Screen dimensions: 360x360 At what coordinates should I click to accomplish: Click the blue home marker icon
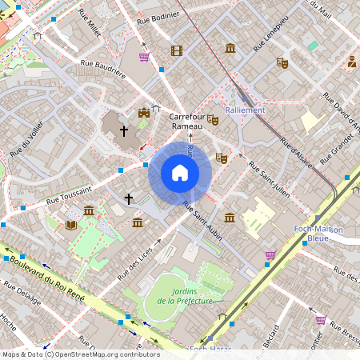click(180, 173)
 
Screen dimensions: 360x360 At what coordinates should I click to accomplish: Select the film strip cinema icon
click(176, 50)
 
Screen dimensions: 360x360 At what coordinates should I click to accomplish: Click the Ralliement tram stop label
click(245, 110)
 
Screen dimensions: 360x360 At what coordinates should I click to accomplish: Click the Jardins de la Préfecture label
click(185, 296)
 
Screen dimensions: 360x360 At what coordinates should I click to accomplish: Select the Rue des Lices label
click(134, 262)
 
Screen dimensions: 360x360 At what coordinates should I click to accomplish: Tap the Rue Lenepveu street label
click(270, 37)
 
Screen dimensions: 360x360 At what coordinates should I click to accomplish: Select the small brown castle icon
click(143, 113)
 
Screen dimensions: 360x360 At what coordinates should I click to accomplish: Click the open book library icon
click(71, 225)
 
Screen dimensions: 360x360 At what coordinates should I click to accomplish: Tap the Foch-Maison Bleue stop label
click(318, 234)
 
